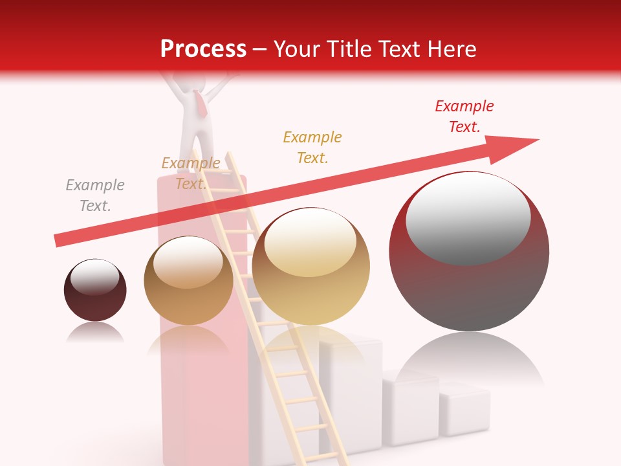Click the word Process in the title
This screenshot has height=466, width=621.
click(x=203, y=49)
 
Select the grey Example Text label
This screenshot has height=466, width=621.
click(x=95, y=195)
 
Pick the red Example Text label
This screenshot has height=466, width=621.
click(x=464, y=116)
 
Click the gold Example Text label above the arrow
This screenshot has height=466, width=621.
click(x=312, y=148)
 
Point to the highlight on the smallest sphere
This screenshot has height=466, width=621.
click(x=94, y=277)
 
